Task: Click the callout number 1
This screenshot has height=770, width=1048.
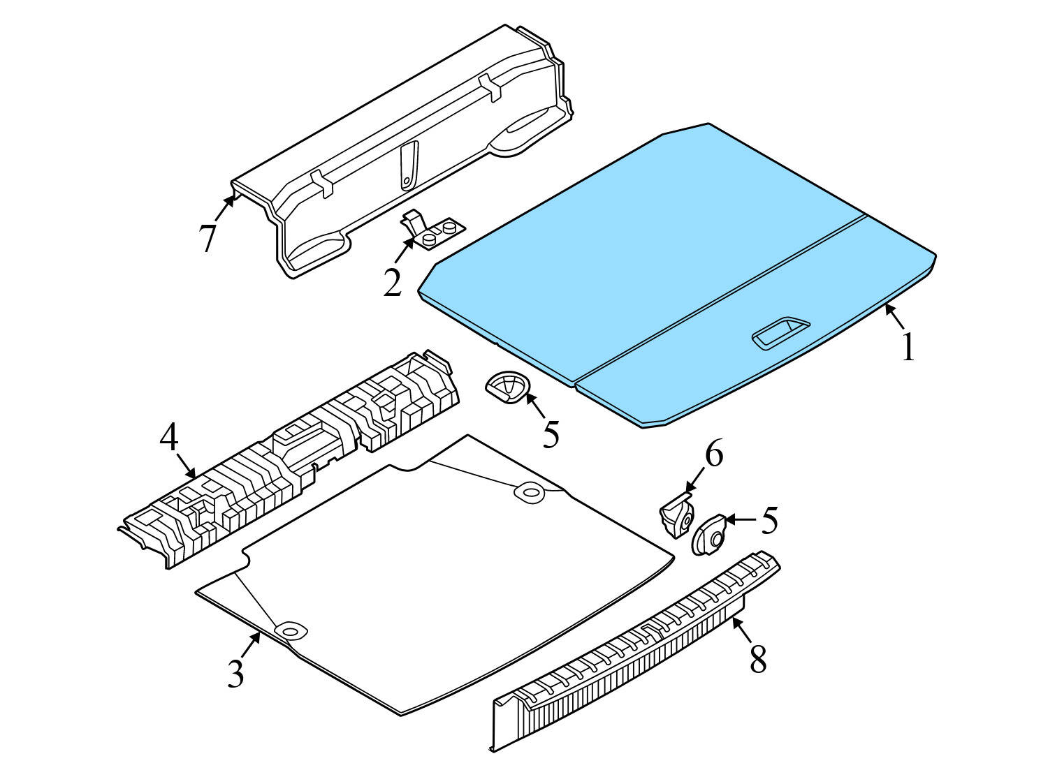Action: (908, 348)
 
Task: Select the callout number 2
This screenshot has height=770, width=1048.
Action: (393, 281)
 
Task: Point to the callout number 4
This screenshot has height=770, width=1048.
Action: (169, 438)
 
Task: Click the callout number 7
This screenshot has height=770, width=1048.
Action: (208, 237)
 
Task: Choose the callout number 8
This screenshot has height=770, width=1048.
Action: (758, 658)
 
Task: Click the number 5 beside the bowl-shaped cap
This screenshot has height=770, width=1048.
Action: (551, 434)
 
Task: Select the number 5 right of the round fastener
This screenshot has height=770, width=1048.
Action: (769, 520)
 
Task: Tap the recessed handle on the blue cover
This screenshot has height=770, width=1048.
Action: (780, 333)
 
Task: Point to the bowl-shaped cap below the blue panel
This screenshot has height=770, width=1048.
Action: (507, 386)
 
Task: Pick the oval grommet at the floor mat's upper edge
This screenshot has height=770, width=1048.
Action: (530, 492)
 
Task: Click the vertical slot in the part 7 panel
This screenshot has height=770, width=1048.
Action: (409, 165)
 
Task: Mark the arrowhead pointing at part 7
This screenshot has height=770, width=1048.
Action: (230, 200)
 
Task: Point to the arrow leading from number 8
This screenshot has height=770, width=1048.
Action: (742, 630)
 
